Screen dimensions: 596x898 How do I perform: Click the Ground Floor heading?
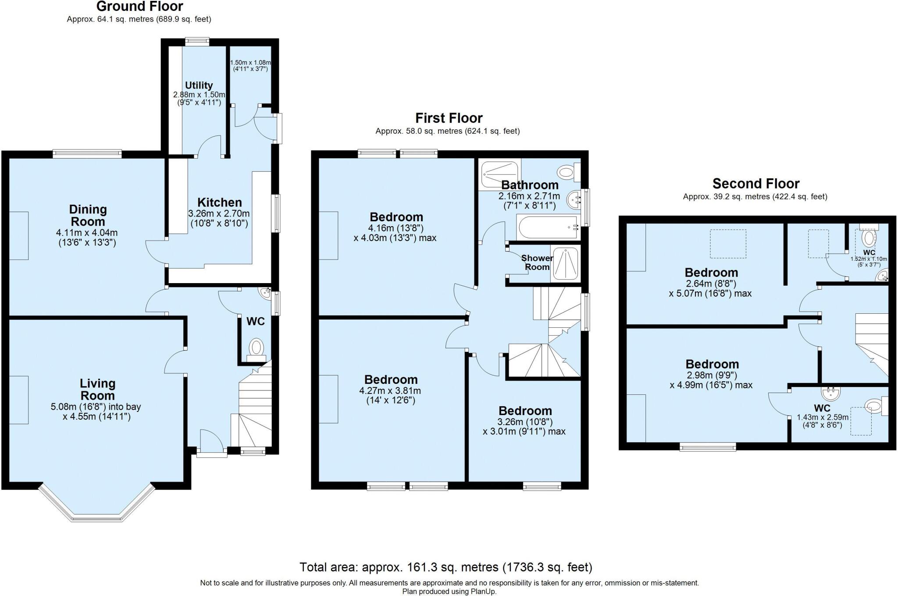point(139,7)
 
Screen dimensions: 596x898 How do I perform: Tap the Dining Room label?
point(88,215)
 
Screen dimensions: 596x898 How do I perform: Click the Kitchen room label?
point(219,202)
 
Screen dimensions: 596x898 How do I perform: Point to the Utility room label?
point(199,85)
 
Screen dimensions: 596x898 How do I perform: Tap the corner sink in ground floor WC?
point(265,294)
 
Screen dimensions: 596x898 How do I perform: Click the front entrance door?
point(211,454)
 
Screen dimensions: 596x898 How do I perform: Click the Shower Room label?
point(537,263)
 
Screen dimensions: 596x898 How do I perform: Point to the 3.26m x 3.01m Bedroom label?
point(525,411)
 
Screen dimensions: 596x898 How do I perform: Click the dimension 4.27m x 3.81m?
point(390,390)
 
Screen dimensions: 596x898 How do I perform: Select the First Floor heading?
point(449,118)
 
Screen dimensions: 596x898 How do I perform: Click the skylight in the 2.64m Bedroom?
point(728,244)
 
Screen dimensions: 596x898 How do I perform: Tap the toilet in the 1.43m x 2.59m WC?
point(874,406)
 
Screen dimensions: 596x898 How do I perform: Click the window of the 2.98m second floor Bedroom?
point(708,447)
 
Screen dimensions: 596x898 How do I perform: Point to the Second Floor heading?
point(755,183)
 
